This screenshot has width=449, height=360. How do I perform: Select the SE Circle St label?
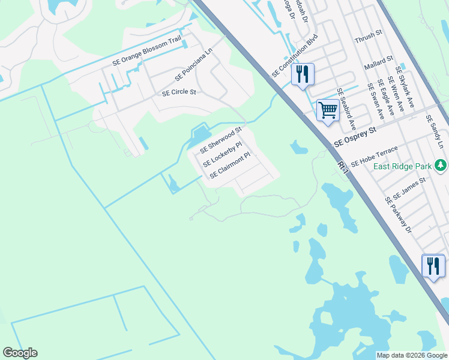[x=179, y=93]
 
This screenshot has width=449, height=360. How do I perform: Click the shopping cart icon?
[x=327, y=110]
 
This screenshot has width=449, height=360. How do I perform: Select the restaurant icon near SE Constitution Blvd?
[x=303, y=74]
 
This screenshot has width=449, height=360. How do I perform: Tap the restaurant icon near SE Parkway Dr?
[x=433, y=266]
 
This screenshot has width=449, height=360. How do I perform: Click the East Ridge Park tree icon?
[x=441, y=164]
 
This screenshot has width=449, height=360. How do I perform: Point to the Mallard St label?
[x=381, y=61]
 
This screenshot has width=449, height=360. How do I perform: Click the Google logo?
[x=20, y=353]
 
